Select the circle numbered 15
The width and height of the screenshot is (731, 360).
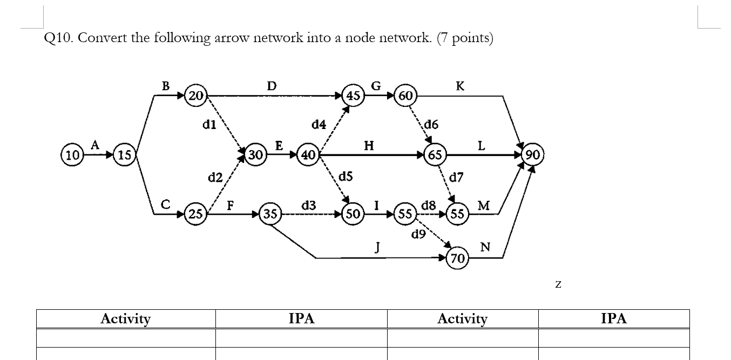(125, 155)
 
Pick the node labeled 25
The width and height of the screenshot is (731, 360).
(195, 214)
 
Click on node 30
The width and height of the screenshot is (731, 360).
(255, 155)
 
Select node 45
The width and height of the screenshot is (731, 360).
(354, 96)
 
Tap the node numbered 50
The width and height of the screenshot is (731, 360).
(354, 214)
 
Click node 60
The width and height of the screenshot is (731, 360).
(406, 96)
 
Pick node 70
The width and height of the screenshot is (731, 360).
(457, 259)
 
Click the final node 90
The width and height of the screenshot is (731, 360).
(533, 155)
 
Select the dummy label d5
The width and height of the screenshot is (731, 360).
(346, 176)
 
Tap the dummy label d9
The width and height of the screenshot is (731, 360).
(418, 234)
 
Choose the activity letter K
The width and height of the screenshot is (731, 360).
(460, 86)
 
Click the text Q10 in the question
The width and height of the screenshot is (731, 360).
(56, 38)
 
